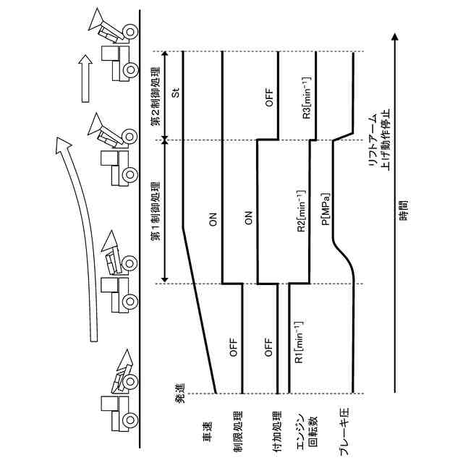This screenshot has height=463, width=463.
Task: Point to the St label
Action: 175,94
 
